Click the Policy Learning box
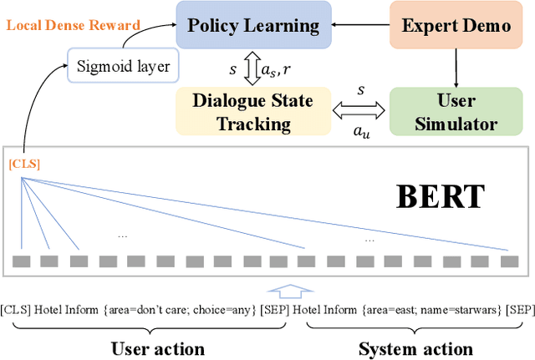252,25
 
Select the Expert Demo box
456,25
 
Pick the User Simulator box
456,113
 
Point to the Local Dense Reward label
73,25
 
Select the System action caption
415,348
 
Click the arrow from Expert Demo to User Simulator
456,67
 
